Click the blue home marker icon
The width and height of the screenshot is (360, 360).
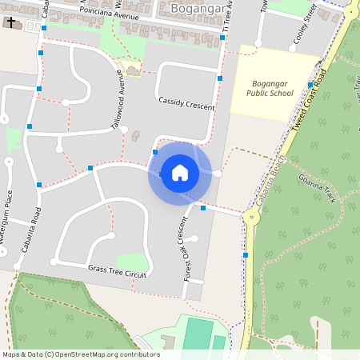pos(179,173)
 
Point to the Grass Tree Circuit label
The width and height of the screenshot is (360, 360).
pos(118,273)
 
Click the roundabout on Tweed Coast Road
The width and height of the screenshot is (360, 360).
pos(251,214)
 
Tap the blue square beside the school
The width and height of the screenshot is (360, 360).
pos(310,85)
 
